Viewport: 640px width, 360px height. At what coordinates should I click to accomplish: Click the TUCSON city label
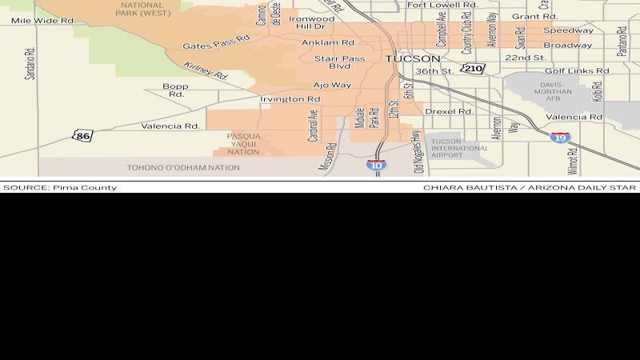pos(412,59)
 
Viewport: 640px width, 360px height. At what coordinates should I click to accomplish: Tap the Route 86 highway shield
pos(82,135)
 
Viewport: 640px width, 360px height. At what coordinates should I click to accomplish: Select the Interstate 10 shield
pos(378,165)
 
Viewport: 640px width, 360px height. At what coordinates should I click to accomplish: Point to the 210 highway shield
pos(474,69)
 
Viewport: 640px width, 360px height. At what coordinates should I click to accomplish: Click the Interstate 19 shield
pos(561,138)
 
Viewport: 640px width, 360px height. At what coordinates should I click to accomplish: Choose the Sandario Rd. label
pos(30,63)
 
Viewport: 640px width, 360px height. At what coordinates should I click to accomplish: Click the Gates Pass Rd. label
pos(211,46)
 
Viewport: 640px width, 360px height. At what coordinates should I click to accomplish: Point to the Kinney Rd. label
pos(206,71)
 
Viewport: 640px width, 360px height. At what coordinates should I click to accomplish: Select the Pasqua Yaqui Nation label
pos(243,144)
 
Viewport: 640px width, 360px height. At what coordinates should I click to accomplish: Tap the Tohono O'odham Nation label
pos(183,168)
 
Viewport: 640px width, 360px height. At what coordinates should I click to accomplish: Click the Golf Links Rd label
pos(578,70)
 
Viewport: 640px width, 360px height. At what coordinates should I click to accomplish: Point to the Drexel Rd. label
pos(445,111)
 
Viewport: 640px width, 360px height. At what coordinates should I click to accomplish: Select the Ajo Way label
pos(332,84)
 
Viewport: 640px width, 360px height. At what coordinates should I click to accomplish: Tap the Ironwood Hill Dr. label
pos(312,22)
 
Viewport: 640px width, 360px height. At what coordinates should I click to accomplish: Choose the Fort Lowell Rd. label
pos(442,5)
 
